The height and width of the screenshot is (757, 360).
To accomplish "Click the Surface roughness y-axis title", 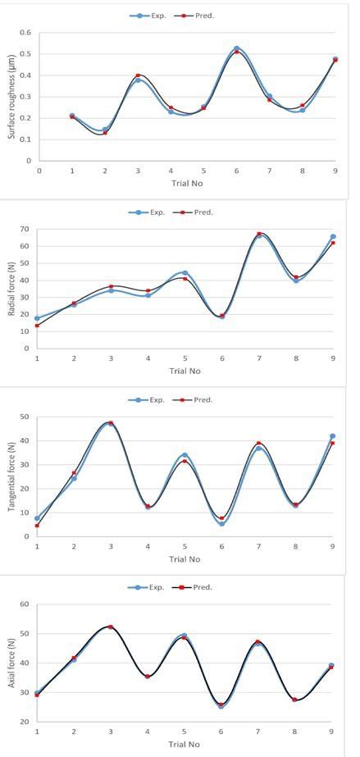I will coord(11,97).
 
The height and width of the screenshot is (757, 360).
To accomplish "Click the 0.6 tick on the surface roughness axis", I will coord(25,33).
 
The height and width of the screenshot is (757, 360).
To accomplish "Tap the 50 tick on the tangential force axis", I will coord(25,417).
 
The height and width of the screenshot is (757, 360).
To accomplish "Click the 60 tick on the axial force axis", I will coord(25,604).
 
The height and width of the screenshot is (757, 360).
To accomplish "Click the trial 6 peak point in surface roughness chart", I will coord(236,49).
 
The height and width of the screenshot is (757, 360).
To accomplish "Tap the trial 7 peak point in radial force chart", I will coord(259,235).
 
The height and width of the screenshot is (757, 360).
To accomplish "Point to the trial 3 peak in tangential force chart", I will coord(111,423).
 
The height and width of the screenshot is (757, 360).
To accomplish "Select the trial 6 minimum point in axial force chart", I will coord(221,705).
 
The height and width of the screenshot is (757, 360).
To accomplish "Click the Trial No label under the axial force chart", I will coord(185,745).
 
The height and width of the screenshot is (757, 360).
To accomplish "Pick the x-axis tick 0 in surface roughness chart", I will coord(39,171).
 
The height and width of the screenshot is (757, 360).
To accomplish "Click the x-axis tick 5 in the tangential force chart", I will coord(185,546).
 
